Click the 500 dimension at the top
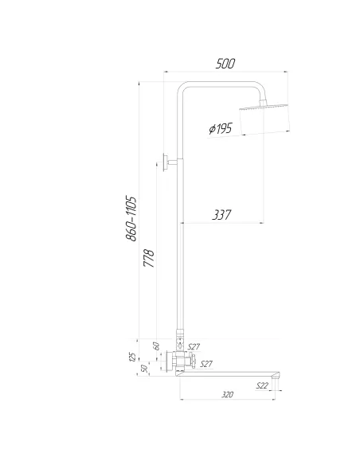pos(225,64)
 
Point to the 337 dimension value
pos(224,214)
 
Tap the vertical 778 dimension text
pos(148,259)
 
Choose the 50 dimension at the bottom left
pos(144,369)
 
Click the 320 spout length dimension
pos(228,395)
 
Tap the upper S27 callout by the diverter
pos(194,346)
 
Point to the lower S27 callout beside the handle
pos(205,364)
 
